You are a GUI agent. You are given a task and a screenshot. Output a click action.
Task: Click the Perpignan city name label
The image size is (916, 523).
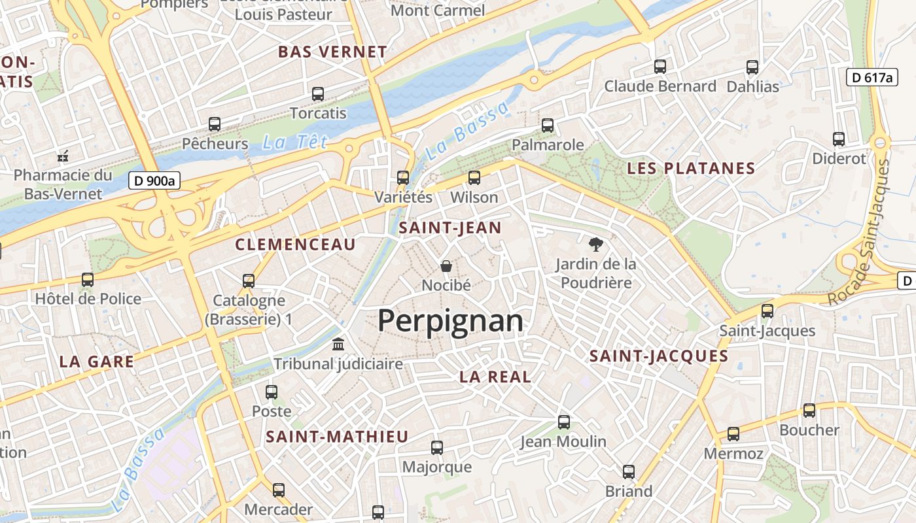click(x=451, y=321)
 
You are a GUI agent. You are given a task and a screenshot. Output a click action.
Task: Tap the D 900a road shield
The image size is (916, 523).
click(x=154, y=181)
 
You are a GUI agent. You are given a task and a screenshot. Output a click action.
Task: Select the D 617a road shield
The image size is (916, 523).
click(x=872, y=77)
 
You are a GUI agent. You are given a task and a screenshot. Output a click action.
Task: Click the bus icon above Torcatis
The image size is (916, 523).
click(x=318, y=94)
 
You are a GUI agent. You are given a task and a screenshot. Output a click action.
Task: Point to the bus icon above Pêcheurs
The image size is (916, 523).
click(x=215, y=124)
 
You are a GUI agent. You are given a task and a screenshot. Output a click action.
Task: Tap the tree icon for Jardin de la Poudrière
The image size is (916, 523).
click(x=595, y=245)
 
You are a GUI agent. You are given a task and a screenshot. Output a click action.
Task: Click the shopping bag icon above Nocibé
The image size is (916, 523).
click(x=446, y=266)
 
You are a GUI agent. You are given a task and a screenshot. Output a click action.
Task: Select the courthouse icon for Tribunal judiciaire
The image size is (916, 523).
click(x=338, y=344)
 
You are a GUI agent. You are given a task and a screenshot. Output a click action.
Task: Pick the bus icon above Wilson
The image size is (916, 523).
click(x=474, y=178)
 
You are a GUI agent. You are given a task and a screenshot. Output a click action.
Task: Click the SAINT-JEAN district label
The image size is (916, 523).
click(x=450, y=228)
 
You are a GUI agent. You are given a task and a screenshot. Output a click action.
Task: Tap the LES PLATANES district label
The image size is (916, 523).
click(x=691, y=168)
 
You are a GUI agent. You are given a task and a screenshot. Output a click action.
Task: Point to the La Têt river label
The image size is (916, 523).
click(x=294, y=142)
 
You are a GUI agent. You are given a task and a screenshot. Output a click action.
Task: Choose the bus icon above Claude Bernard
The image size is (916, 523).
click(x=660, y=67)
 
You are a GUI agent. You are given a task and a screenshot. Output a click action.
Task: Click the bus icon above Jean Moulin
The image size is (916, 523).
click(x=564, y=422)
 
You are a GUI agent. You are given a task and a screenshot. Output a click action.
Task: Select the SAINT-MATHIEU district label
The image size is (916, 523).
click(x=337, y=437)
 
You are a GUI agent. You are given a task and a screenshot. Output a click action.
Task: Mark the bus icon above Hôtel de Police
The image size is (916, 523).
click(x=88, y=280)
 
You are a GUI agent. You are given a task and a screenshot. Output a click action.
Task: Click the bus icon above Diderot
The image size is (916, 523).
click(x=839, y=139)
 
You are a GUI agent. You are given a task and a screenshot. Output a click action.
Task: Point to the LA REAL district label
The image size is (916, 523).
click(x=495, y=377)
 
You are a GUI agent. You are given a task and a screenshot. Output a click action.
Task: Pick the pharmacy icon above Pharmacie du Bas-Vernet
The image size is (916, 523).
click(x=63, y=156)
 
